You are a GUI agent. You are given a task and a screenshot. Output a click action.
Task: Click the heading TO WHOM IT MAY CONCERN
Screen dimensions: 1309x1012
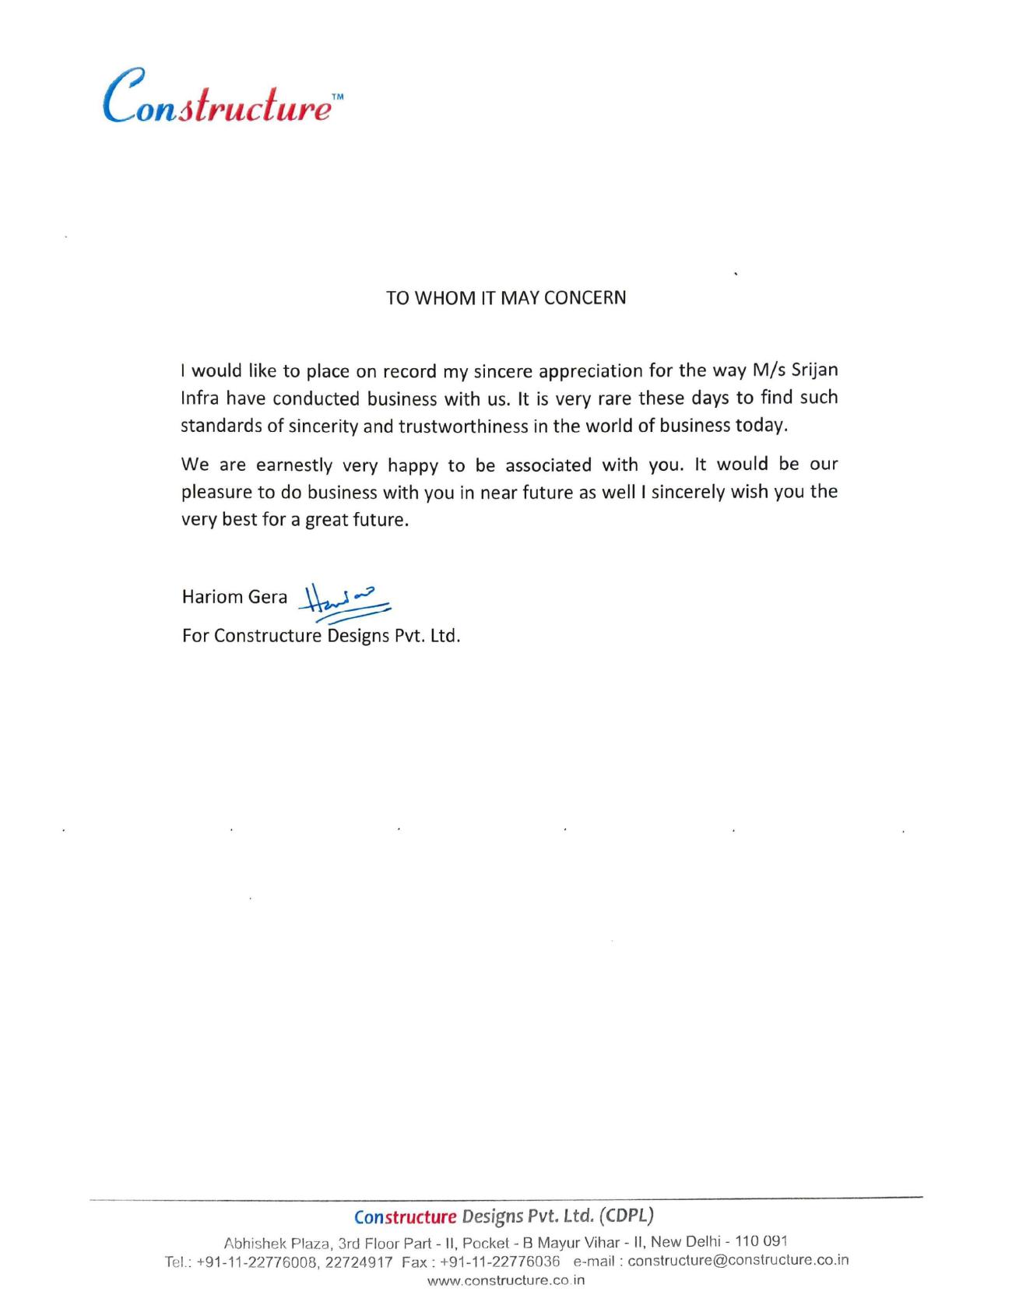click(506, 298)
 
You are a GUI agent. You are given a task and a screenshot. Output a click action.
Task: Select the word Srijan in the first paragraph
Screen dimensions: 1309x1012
click(814, 370)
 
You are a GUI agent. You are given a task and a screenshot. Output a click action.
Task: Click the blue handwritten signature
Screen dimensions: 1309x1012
click(346, 602)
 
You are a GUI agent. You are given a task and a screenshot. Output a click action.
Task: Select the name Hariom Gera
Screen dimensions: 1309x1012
click(234, 597)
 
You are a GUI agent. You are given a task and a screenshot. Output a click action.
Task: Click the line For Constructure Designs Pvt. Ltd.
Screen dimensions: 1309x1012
click(321, 636)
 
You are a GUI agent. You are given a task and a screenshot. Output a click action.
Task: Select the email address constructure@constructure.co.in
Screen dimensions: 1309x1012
click(738, 1261)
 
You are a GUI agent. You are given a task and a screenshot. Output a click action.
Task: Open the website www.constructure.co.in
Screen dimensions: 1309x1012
click(506, 1280)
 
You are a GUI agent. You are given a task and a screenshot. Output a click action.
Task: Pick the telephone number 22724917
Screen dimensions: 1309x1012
click(359, 1262)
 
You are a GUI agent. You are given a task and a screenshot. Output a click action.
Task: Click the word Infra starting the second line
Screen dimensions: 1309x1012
click(200, 399)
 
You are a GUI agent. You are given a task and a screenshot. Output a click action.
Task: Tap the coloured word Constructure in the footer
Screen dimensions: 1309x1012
click(405, 1216)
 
